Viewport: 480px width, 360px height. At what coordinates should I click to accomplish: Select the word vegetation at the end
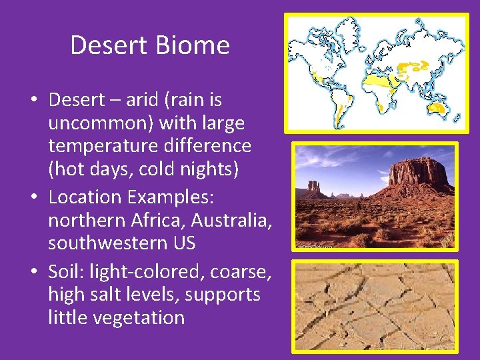tap(139, 317)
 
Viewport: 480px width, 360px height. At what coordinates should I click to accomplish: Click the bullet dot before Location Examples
tap(33, 198)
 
